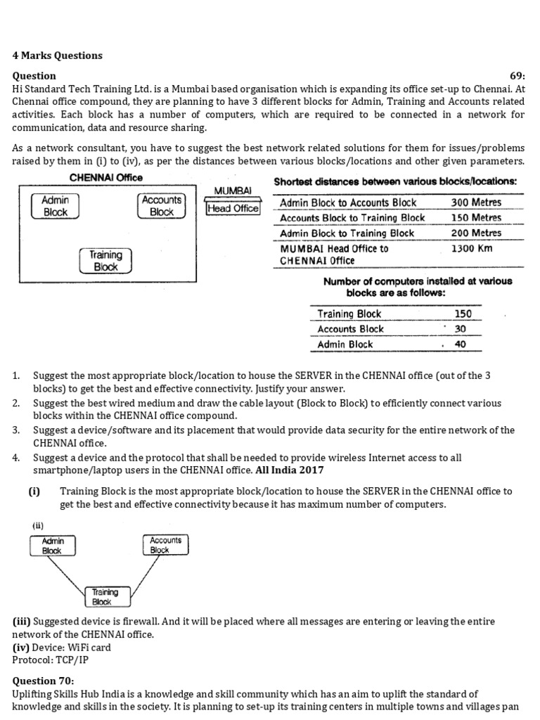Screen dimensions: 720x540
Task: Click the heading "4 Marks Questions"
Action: coord(57,56)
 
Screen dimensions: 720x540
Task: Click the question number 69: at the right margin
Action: coord(517,76)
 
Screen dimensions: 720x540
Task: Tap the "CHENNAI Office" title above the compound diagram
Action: coord(105,178)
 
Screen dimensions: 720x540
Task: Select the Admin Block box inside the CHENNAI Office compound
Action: coord(56,205)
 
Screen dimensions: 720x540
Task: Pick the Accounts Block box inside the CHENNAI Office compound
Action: coord(161,205)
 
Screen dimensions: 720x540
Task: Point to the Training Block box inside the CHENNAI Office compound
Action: coord(105,261)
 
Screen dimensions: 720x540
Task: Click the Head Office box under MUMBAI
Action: coord(233,208)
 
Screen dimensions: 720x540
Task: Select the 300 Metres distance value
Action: coord(476,202)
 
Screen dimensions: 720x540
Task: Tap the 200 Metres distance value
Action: coord(476,233)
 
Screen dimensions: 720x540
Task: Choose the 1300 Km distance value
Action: coord(470,248)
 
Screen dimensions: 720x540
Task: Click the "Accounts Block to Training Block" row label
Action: coord(352,218)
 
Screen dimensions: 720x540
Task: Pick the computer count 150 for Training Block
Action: coord(463,314)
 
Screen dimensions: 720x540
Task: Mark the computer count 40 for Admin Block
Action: coord(460,345)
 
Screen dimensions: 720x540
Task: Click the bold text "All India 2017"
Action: coord(290,470)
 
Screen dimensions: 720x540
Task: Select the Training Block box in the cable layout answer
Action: coord(102,597)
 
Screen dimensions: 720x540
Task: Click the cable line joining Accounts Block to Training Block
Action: coord(139,572)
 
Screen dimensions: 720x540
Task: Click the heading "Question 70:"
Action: coord(43,681)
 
